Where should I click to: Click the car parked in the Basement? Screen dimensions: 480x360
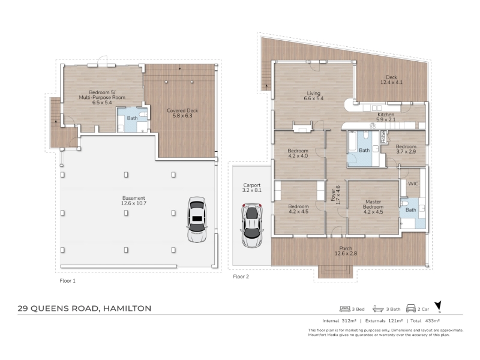click(196, 220)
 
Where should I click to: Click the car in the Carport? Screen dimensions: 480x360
click(252, 224)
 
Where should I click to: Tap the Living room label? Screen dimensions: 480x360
click(313, 96)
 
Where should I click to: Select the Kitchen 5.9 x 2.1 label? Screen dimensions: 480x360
click(386, 117)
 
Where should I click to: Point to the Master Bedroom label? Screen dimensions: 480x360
click(373, 206)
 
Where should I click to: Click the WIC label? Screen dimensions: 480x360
click(413, 184)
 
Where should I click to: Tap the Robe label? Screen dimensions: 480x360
click(383, 137)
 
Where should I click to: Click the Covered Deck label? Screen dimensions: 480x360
click(182, 113)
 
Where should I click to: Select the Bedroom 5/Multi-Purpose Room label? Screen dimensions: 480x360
click(102, 97)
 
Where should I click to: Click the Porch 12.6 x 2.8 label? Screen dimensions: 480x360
click(346, 251)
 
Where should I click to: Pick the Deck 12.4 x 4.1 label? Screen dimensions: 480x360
click(392, 80)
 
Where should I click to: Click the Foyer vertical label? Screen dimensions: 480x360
click(335, 195)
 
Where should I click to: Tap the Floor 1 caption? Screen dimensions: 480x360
click(67, 281)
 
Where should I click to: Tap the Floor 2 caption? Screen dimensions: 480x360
click(241, 277)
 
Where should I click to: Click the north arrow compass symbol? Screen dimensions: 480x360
click(439, 307)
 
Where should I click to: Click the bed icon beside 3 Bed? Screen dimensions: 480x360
click(344, 309)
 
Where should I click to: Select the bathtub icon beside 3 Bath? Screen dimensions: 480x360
click(378, 309)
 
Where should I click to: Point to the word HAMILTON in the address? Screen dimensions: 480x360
click(127, 308)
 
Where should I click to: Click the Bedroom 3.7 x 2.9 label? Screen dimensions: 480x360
click(406, 149)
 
